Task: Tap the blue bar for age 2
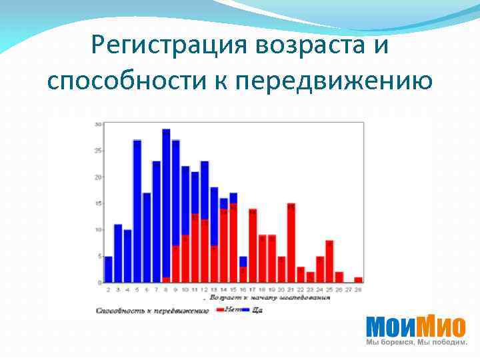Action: [x=108, y=269]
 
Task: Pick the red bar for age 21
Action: [x=291, y=243]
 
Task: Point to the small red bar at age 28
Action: [x=359, y=280]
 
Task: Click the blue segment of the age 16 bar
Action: [x=243, y=261]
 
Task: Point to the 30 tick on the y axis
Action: [x=98, y=125]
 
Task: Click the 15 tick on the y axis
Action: [x=98, y=203]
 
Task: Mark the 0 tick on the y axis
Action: [x=99, y=283]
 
